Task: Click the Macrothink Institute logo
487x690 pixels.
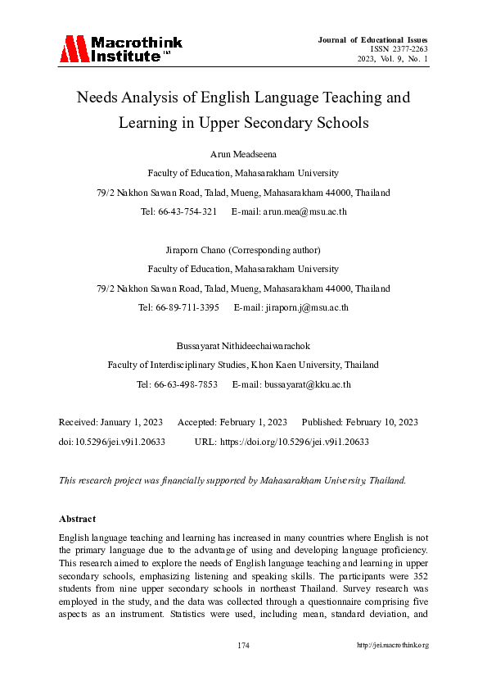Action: tap(120, 49)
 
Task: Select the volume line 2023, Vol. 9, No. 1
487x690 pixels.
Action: tap(392, 59)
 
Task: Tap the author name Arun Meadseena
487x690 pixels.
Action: tap(243, 153)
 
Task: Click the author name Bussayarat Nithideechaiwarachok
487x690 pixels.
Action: tap(243, 346)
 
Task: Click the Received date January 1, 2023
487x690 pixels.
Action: tap(130, 422)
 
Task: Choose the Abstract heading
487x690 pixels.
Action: tap(77, 519)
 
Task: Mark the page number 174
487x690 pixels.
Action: tap(243, 646)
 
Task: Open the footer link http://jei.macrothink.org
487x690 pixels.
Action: tap(392, 646)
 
